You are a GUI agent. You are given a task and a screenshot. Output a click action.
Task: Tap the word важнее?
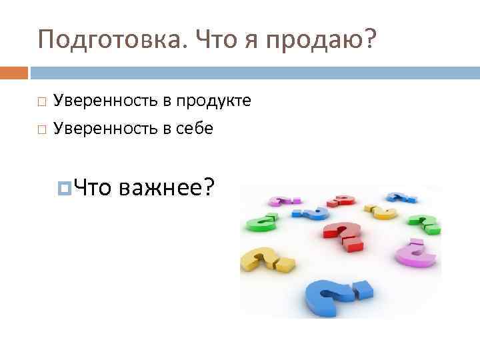click(167, 188)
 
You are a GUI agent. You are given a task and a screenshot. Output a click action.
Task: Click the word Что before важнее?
click(93, 188)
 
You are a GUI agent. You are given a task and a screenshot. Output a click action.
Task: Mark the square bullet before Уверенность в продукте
click(42, 102)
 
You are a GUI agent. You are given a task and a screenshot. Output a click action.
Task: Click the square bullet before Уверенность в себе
click(42, 129)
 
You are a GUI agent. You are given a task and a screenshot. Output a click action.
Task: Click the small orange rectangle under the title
click(14, 71)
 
